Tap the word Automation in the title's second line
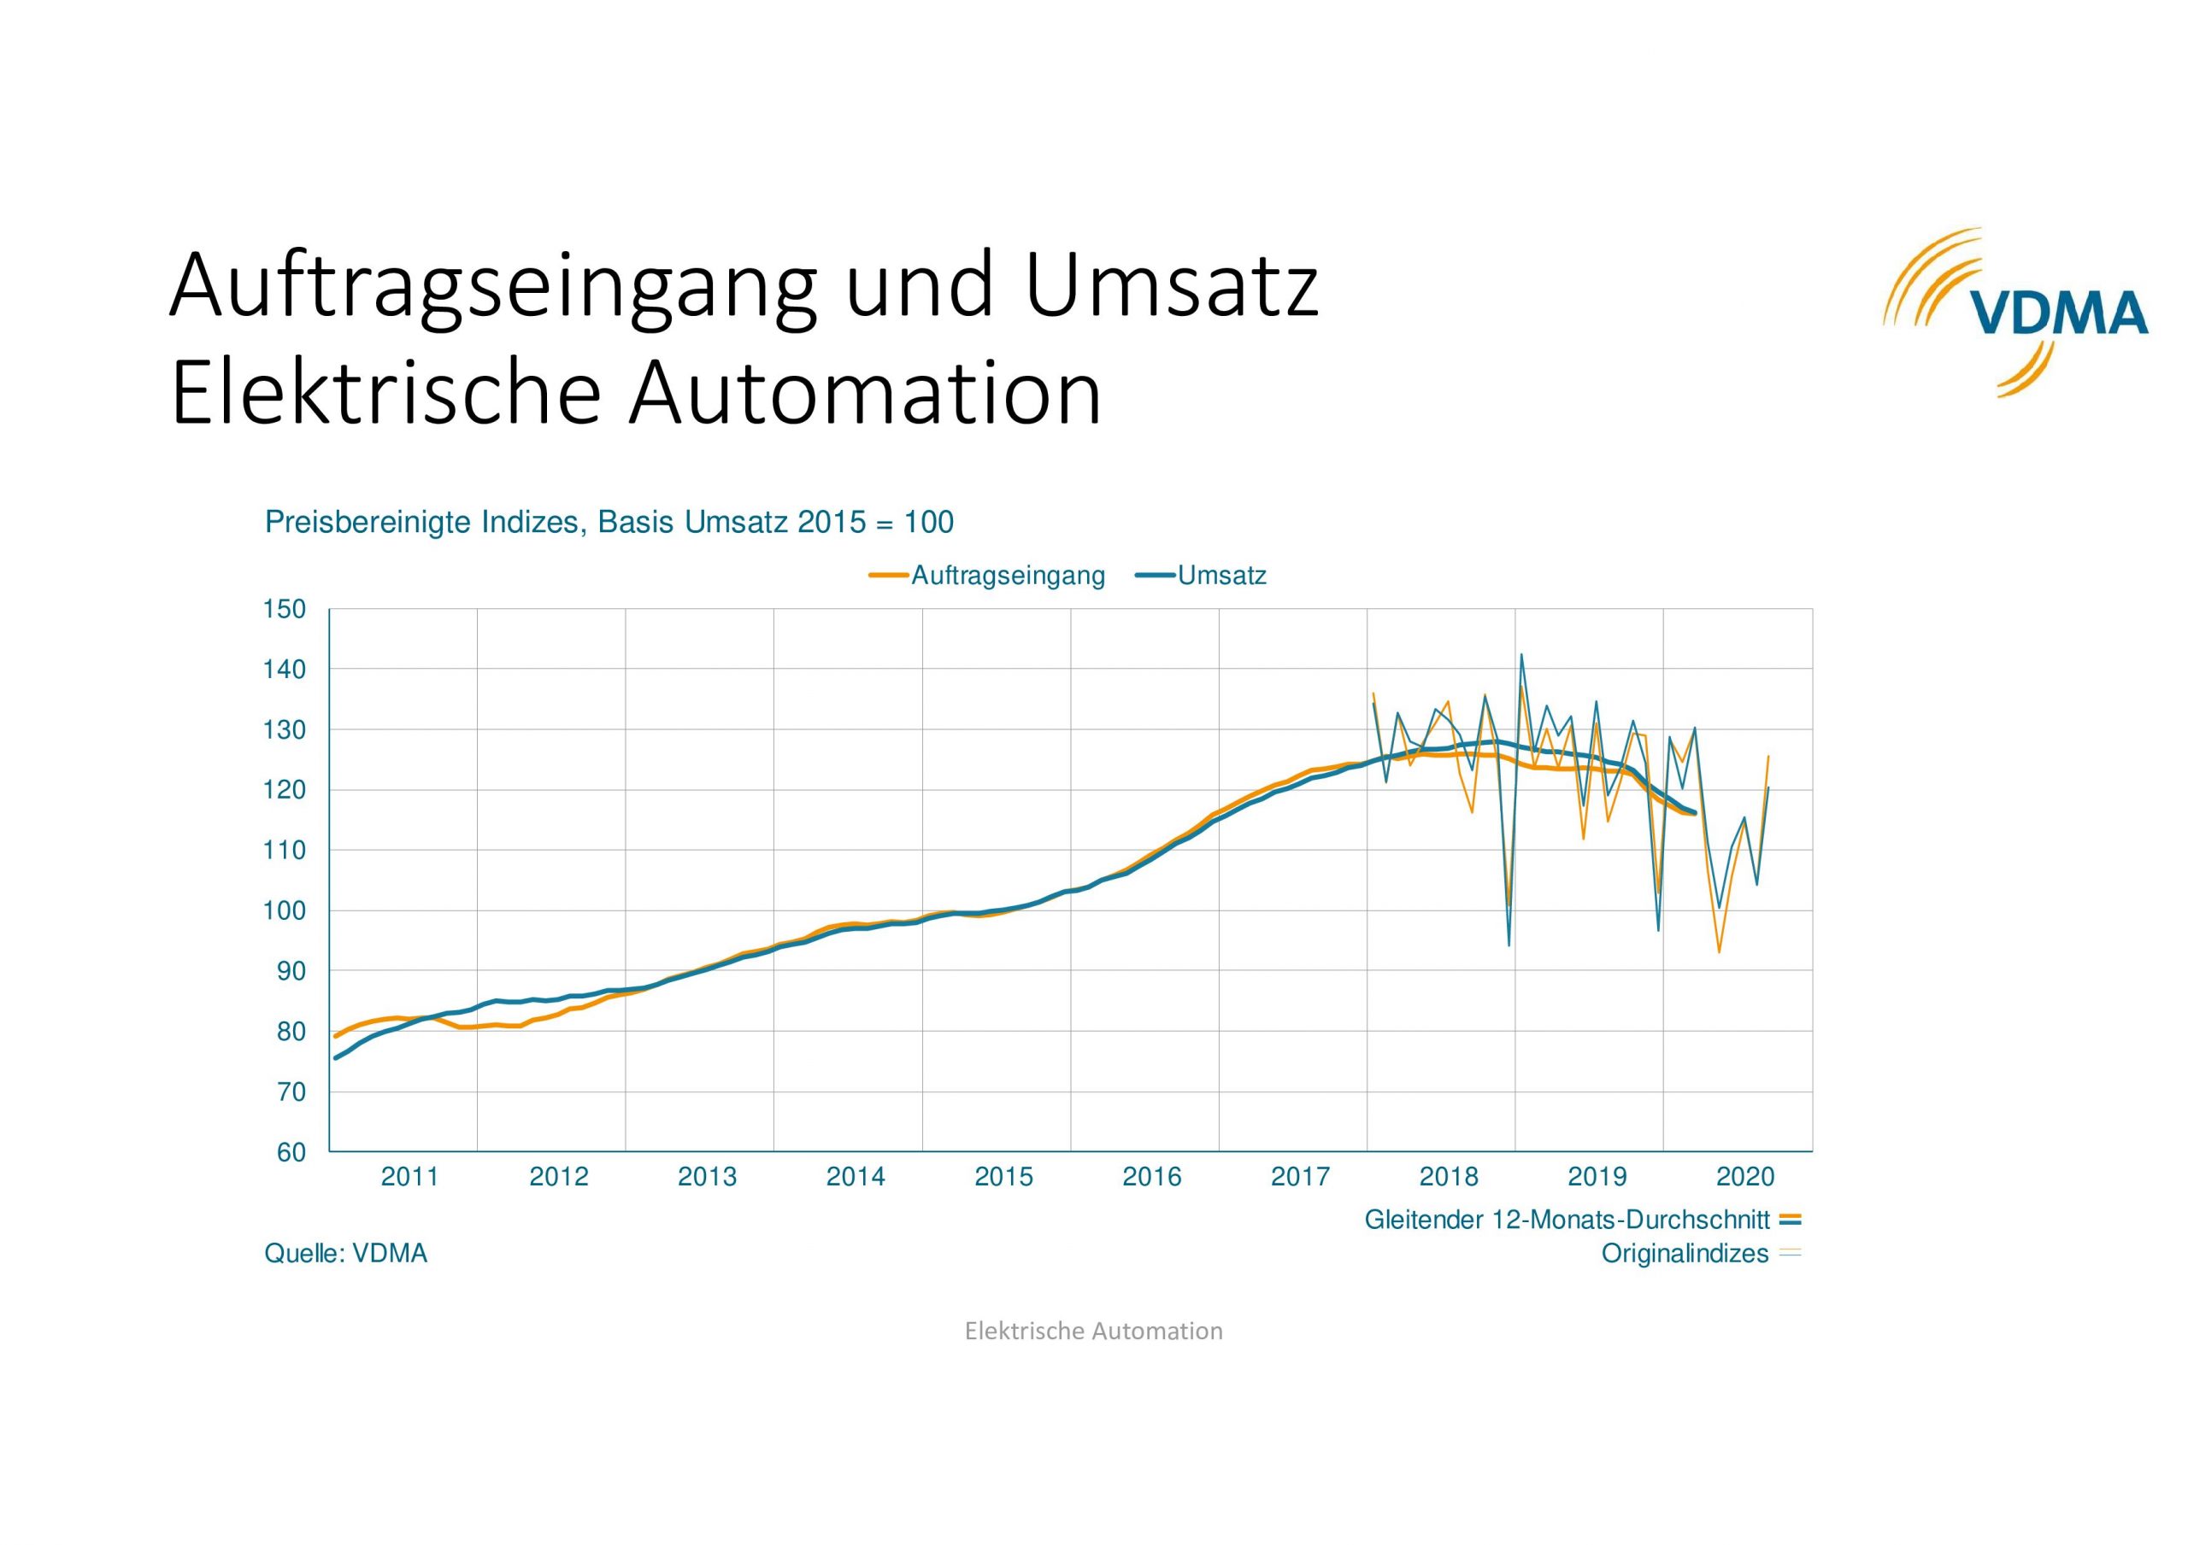click(x=864, y=394)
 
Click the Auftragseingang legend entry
click(x=1008, y=576)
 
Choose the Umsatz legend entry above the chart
click(x=1220, y=576)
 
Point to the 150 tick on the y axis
click(x=284, y=610)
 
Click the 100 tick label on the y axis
click(x=284, y=911)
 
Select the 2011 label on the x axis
click(x=409, y=1177)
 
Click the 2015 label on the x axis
click(x=1003, y=1177)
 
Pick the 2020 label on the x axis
click(x=1745, y=1177)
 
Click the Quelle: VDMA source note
click(x=346, y=1254)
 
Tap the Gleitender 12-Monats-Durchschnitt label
click(x=1567, y=1220)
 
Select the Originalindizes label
click(x=1684, y=1254)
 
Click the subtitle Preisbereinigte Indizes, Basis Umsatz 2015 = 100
click(x=609, y=522)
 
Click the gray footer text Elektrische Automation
click(x=1093, y=1331)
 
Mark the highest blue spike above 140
click(x=1521, y=655)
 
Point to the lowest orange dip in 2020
click(x=1719, y=951)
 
